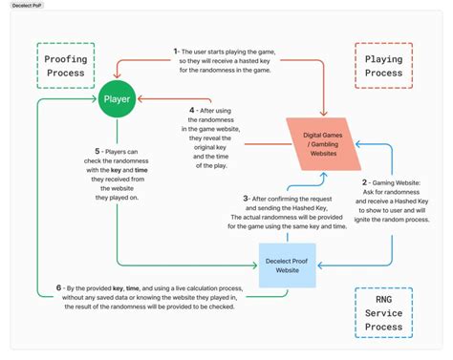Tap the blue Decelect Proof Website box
[287, 265]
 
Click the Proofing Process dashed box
[66, 65]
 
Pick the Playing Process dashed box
[383, 65]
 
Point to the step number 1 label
[176, 50]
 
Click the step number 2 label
[364, 181]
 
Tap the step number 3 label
[247, 198]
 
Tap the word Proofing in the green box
[66, 58]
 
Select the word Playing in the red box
[383, 58]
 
